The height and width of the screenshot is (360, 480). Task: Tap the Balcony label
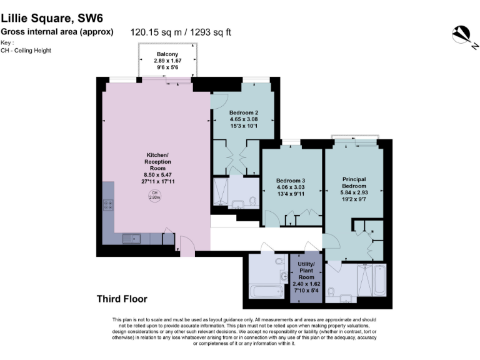167,54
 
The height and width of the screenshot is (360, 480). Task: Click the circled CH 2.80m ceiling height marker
154,196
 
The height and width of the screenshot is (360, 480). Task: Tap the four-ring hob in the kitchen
107,204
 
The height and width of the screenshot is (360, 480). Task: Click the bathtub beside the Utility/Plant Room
267,292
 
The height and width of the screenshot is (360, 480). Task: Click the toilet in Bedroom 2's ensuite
252,201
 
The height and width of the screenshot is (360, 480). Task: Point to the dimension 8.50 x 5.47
154,175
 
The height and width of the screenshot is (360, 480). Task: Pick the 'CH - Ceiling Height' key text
26,50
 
